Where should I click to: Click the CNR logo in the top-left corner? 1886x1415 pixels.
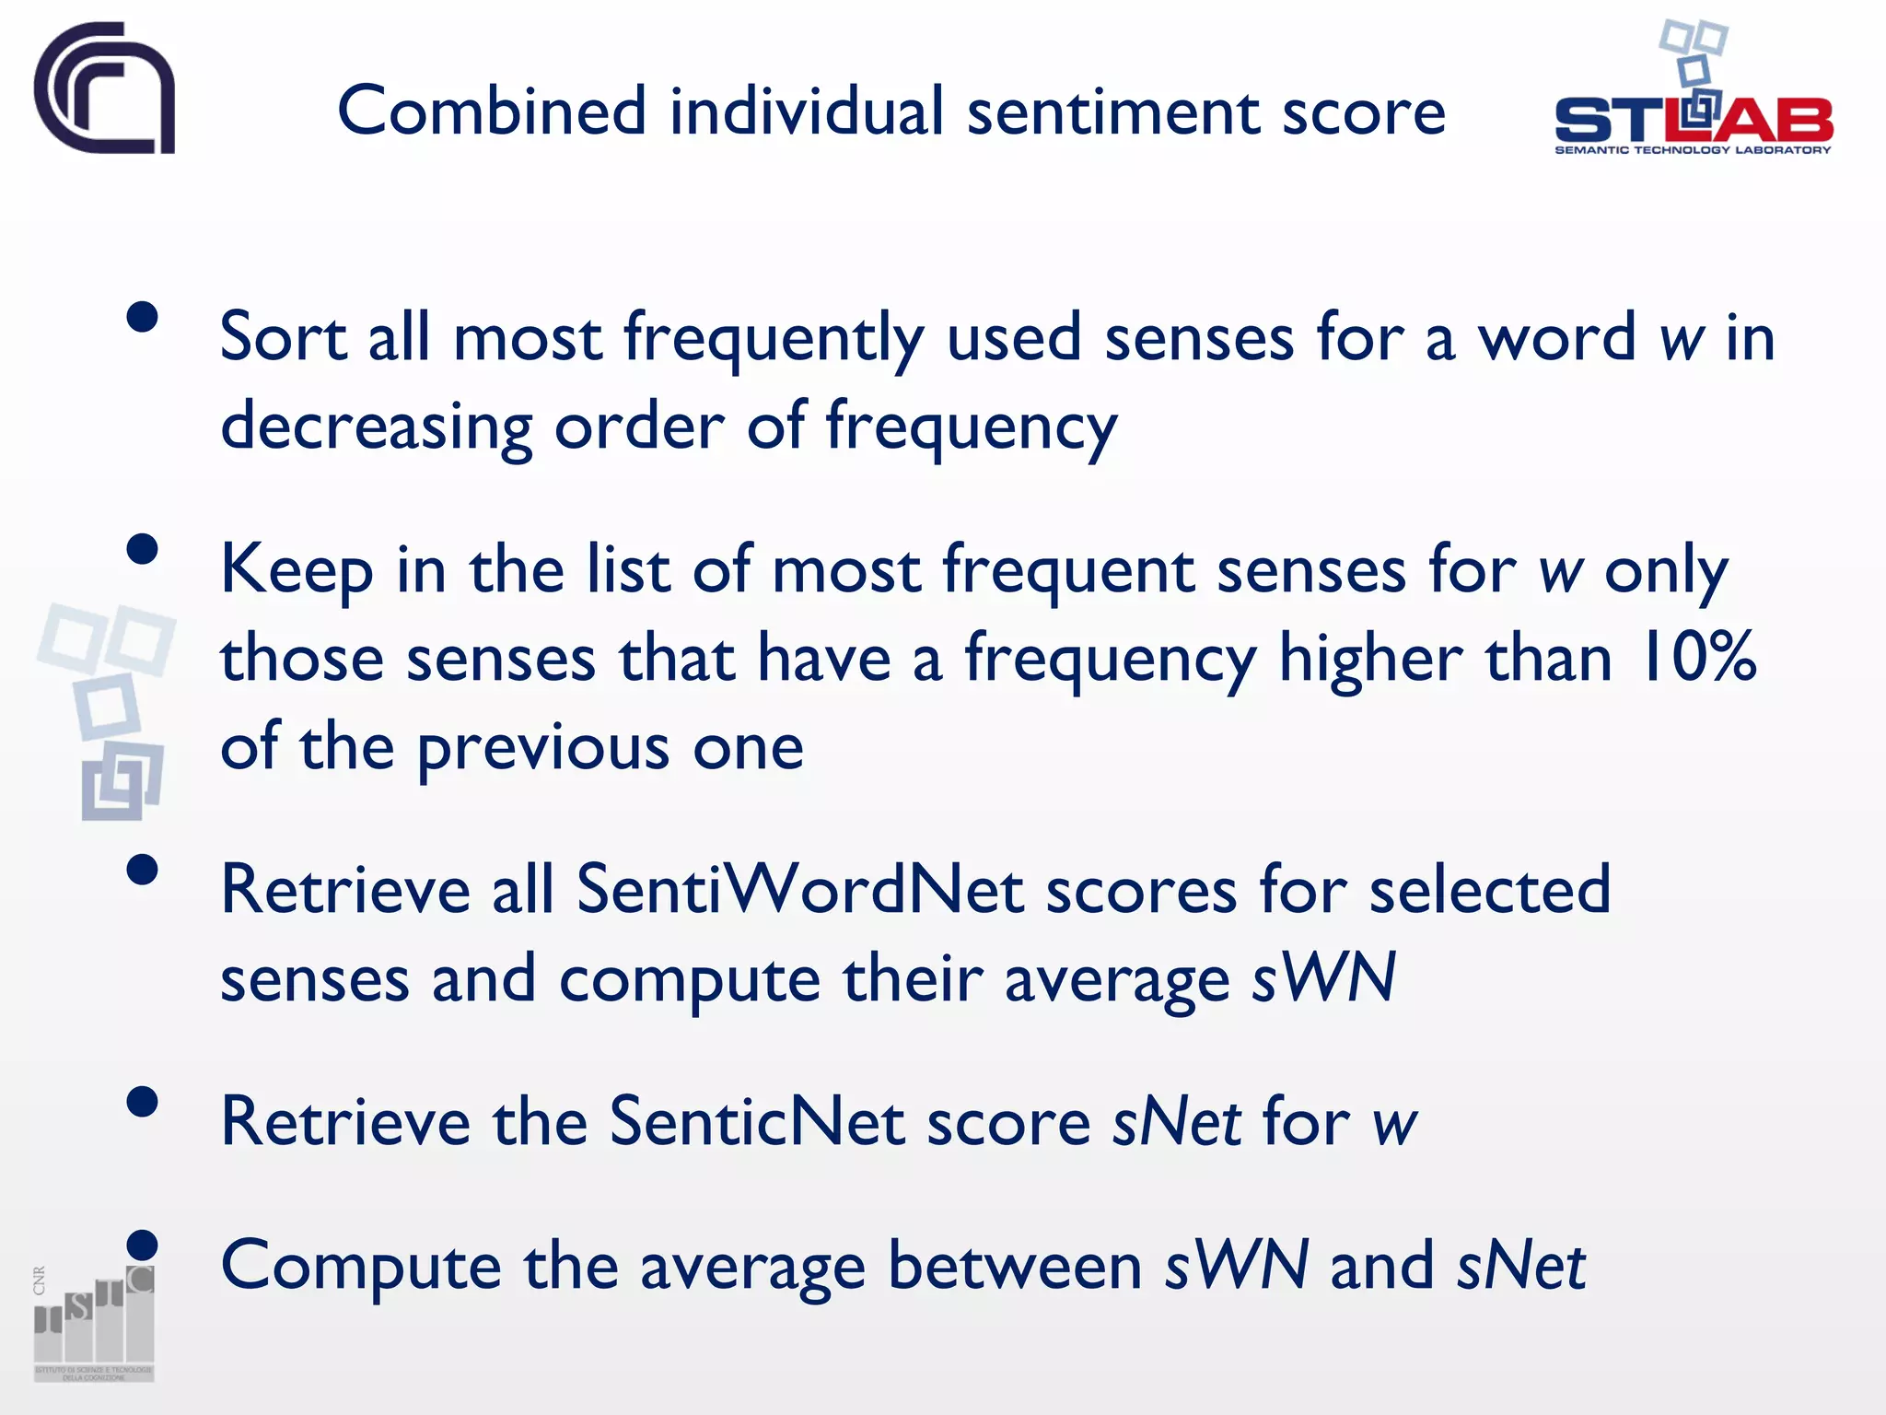(x=104, y=88)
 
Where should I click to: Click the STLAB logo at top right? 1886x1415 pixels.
(x=1693, y=92)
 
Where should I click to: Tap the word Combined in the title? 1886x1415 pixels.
(x=492, y=111)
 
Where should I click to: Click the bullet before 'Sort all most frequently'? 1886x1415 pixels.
(x=143, y=317)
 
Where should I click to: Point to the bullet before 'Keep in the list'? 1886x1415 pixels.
(x=143, y=549)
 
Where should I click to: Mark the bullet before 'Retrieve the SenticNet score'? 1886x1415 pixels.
(x=143, y=1102)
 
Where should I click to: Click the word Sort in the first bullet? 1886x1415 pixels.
(x=283, y=337)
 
